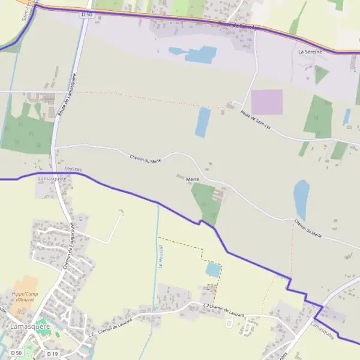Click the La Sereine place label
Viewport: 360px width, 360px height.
tap(310, 52)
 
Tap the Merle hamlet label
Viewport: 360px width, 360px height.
tap(184, 178)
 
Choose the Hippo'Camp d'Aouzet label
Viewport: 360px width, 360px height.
tap(25, 296)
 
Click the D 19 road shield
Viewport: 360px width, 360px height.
tap(52, 354)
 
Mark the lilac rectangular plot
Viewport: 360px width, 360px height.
tap(266, 102)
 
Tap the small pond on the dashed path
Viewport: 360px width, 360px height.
tap(213, 269)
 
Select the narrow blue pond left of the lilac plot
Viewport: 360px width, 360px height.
tap(203, 122)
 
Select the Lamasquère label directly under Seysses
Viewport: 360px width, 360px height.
tap(52, 179)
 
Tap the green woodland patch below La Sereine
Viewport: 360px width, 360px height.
tap(322, 74)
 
